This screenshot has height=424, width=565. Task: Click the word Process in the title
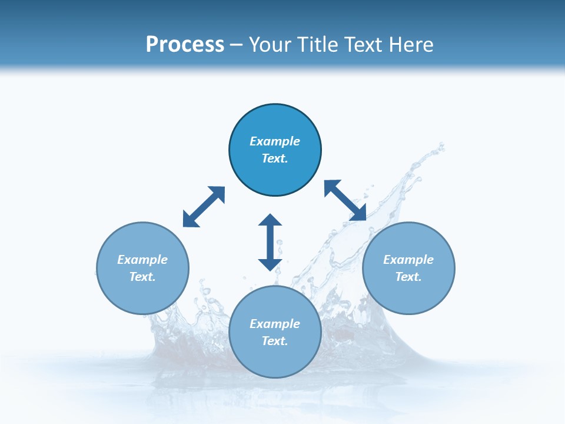[x=185, y=45]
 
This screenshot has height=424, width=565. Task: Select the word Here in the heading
[x=411, y=45]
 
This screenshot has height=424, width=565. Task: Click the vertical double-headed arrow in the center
[x=270, y=242]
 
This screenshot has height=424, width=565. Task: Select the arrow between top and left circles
[x=204, y=207]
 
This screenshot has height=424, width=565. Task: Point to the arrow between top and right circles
[x=345, y=201]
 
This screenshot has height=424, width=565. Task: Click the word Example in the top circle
[x=275, y=141]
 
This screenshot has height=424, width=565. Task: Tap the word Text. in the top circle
[x=275, y=158]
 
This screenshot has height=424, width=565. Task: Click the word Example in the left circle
[x=142, y=260]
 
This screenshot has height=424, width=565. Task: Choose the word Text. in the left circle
[x=142, y=277]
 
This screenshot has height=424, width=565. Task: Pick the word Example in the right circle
[x=408, y=260]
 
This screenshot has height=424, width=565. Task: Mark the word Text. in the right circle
[x=408, y=277]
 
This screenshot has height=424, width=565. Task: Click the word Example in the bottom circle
[x=275, y=324]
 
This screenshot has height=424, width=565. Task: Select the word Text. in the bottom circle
[x=275, y=341]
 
